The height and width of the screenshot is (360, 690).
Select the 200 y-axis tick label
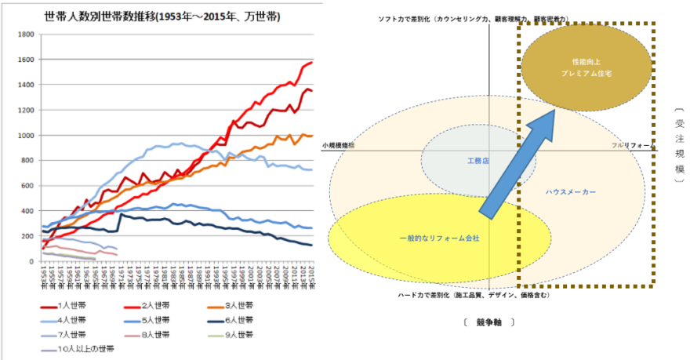[27, 236]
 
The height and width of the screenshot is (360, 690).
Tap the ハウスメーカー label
[571, 191]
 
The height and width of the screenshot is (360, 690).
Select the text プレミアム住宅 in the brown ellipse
[586, 72]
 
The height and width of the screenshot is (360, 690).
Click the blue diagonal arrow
[517, 164]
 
